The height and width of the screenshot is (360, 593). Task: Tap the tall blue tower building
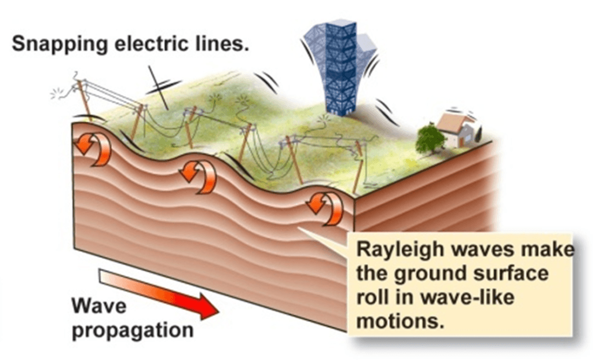click(340, 67)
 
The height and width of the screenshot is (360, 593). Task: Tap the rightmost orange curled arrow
click(325, 207)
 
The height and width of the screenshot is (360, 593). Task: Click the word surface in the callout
click(514, 273)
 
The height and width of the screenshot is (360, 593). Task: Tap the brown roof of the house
click(453, 122)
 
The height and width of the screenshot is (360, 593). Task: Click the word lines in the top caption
click(227, 44)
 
